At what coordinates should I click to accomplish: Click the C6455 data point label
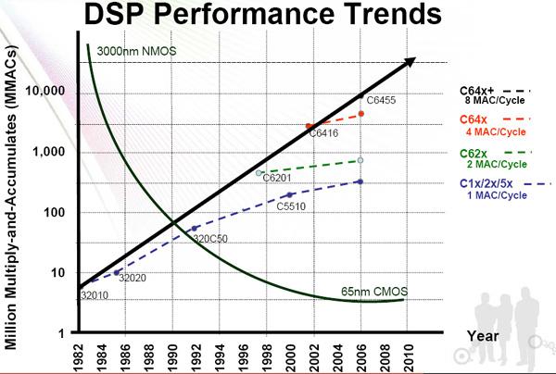click(381, 100)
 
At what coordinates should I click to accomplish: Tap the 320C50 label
click(210, 240)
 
